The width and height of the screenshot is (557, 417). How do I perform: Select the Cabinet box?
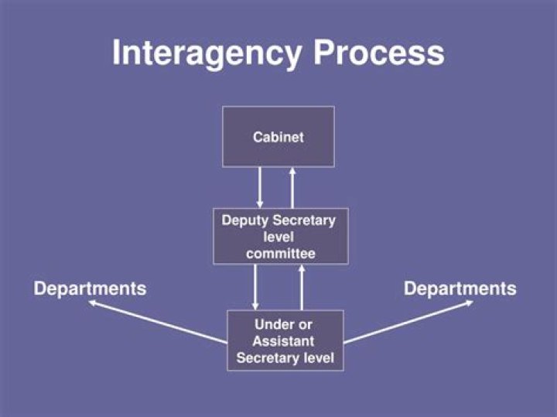tap(278, 137)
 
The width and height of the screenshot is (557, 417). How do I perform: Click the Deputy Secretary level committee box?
tap(280, 236)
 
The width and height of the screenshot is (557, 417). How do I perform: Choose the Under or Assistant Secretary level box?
tap(285, 340)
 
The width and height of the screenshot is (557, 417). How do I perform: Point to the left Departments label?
tap(90, 289)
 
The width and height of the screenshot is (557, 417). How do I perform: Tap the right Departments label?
tap(460, 289)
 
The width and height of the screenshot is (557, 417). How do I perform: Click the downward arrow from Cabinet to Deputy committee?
tap(260, 187)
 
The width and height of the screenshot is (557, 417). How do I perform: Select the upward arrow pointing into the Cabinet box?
tap(292, 187)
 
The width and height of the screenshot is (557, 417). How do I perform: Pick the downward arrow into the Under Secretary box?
tap(255, 287)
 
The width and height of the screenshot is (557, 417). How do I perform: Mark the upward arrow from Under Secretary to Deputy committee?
tap(302, 287)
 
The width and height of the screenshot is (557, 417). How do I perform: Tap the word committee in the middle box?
tap(281, 253)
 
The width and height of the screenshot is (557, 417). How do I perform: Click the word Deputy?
tap(242, 220)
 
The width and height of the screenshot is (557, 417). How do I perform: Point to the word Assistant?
tap(284, 341)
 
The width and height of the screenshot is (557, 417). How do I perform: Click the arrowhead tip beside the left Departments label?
tap(91, 303)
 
